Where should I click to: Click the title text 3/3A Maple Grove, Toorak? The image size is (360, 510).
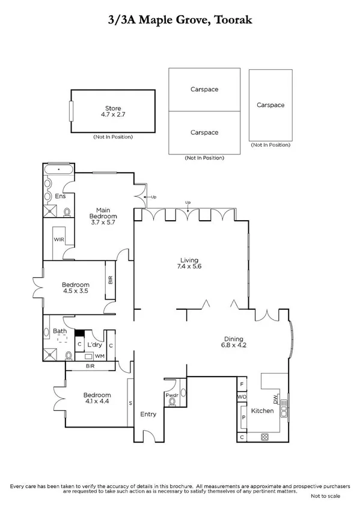[180, 20]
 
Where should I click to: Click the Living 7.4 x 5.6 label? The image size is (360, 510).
[188, 263]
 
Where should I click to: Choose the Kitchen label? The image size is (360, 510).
[262, 411]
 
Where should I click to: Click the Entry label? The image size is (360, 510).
[148, 414]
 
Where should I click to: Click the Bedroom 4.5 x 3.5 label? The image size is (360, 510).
[76, 288]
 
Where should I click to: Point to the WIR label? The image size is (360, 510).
[59, 239]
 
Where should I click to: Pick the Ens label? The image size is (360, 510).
[60, 196]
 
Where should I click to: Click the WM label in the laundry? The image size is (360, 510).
[99, 357]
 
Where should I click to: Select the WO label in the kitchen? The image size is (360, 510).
[242, 398]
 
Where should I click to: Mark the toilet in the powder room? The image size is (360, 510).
[172, 405]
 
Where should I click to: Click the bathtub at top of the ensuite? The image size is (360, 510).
[58, 170]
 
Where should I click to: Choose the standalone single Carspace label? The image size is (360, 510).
[270, 105]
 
